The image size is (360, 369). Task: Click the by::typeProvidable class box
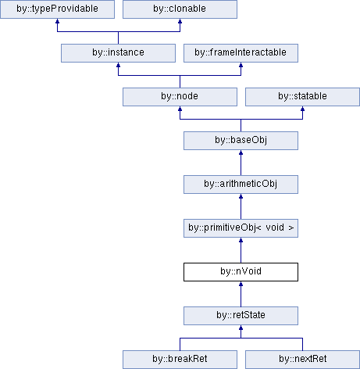click(57, 9)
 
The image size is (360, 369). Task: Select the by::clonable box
click(180, 9)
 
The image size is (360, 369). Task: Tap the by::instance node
click(118, 53)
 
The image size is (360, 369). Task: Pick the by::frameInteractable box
click(241, 53)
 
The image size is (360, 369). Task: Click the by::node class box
click(180, 97)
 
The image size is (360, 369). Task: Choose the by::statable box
click(302, 97)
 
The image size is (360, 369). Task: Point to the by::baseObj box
click(241, 141)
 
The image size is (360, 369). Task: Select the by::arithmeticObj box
click(241, 184)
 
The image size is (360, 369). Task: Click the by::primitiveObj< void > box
click(241, 228)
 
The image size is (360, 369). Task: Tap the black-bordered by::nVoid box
click(241, 272)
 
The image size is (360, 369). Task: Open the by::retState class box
click(241, 316)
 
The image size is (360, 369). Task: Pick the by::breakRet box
click(180, 360)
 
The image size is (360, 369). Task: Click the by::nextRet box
click(302, 360)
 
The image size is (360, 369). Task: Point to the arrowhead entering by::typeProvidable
click(57, 21)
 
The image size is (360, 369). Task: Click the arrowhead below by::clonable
click(180, 21)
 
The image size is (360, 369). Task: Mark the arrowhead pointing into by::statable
click(302, 109)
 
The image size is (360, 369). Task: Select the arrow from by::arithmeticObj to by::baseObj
click(241, 163)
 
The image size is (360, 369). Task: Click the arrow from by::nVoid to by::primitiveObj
click(241, 250)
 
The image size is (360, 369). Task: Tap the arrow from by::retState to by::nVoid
click(241, 294)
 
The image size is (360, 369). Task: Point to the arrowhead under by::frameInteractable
click(241, 65)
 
